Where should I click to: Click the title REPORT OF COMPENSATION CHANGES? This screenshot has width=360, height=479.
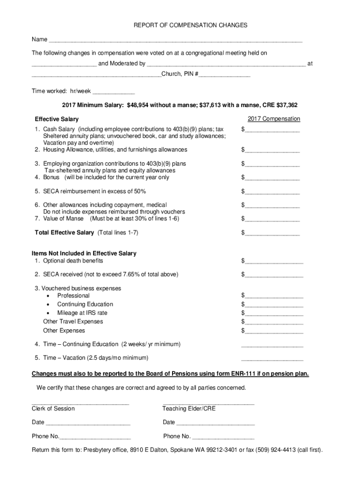click(190, 25)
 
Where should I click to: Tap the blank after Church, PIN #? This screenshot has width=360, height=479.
click(225, 75)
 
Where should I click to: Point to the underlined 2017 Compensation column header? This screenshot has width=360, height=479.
click(274, 119)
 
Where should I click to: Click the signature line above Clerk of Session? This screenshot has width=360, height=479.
click(80, 403)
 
